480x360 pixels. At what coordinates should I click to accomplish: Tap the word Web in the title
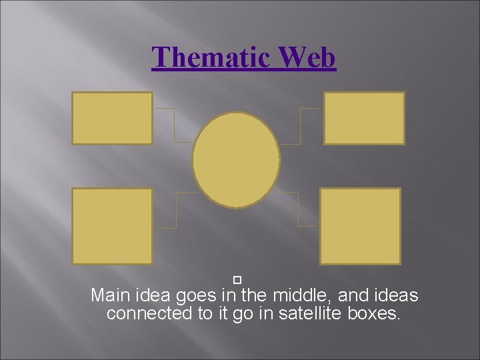click(307, 57)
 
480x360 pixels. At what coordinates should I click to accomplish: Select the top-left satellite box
click(112, 118)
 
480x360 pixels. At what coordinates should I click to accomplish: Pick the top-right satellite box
click(364, 118)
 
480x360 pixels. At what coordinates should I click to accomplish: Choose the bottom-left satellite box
click(112, 226)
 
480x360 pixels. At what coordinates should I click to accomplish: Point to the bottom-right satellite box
click(360, 226)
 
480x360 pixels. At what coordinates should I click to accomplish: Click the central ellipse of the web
click(236, 160)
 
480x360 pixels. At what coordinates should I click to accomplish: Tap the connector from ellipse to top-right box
click(301, 127)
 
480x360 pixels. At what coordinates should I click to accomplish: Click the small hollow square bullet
click(237, 277)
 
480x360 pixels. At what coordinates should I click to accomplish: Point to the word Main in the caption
click(111, 295)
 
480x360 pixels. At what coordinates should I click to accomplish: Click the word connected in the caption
click(150, 313)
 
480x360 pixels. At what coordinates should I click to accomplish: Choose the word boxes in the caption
click(374, 313)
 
